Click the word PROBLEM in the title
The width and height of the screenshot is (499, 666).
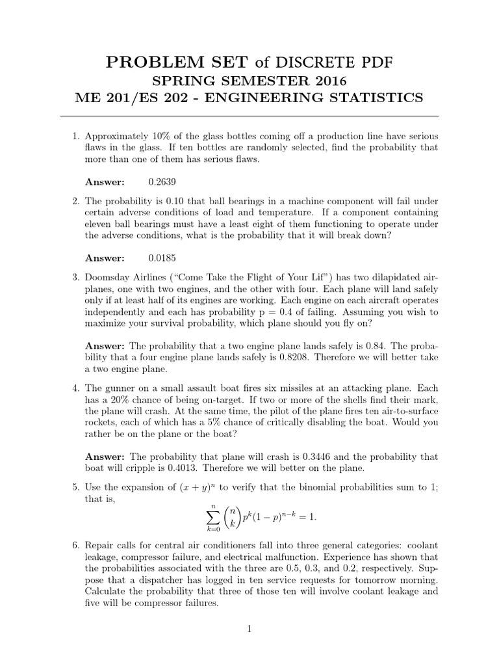(146, 62)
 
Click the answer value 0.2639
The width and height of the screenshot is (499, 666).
(162, 182)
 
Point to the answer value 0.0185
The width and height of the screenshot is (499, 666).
(162, 258)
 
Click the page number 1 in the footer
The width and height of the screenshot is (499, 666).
(249, 629)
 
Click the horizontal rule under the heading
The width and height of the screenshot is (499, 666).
(249, 116)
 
